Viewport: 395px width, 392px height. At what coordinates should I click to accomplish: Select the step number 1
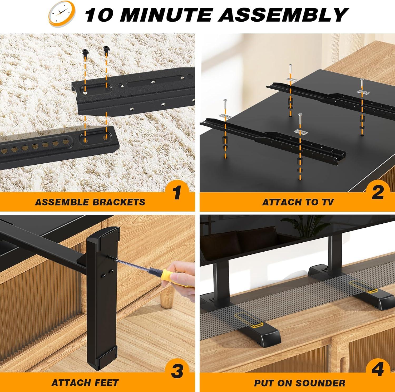177,193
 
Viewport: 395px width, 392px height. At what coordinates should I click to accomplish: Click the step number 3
177,371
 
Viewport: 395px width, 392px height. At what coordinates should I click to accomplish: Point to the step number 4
377,370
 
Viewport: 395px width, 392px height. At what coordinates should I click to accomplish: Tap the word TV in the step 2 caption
327,202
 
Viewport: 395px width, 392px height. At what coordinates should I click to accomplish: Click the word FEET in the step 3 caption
106,383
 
